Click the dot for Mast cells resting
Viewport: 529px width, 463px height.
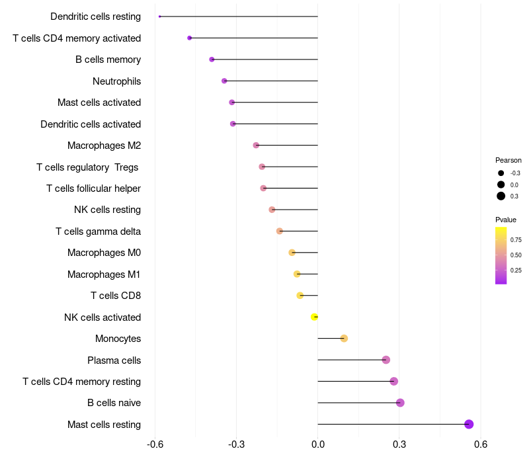[x=469, y=425]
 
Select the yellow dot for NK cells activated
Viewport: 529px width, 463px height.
[x=315, y=317]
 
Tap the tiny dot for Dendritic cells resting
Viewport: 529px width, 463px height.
[x=160, y=17]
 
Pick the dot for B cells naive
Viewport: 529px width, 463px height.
[x=400, y=403]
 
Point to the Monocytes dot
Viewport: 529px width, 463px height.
[x=344, y=339]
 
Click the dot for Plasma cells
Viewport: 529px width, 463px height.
[x=386, y=360]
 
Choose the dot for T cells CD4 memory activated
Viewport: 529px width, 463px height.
[x=190, y=38]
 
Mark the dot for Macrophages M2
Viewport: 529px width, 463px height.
[x=256, y=146]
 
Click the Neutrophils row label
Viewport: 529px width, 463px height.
[x=116, y=81]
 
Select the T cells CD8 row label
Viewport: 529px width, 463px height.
[x=116, y=296]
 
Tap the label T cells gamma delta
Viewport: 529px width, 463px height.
[x=98, y=232]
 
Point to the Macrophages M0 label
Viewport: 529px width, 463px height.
[x=104, y=253]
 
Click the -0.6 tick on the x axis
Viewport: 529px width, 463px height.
[x=155, y=444]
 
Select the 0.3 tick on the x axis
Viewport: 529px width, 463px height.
[x=399, y=444]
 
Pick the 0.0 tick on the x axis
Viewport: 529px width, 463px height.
[x=318, y=444]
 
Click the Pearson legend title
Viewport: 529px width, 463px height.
[x=509, y=160]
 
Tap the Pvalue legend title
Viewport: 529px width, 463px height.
[x=506, y=220]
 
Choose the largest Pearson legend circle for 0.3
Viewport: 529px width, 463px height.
[x=501, y=196]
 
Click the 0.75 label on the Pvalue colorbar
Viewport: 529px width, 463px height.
[x=516, y=239]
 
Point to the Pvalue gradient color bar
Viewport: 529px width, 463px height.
[x=501, y=255]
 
